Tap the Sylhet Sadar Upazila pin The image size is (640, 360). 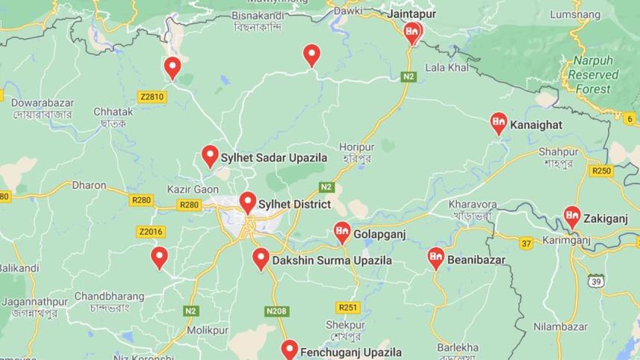pos(210,156)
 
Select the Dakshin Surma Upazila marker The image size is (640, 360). pos(261,258)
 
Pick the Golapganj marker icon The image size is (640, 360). pos(342,232)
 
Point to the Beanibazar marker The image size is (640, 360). pos(436,258)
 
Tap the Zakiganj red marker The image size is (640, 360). pos(572,216)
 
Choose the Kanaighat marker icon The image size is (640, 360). pos(499,122)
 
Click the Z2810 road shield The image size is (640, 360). pos(151,96)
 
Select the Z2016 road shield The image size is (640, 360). pos(150,232)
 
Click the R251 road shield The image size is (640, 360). pos(348,307)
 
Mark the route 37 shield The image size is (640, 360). pos(526,243)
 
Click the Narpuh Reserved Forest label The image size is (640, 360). pos(594,75)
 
